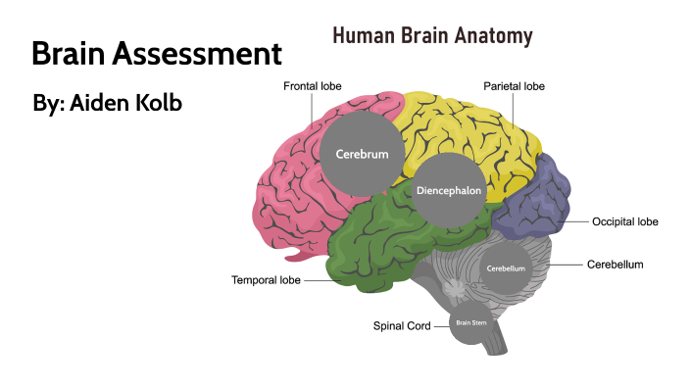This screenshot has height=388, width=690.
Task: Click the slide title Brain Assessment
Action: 156,54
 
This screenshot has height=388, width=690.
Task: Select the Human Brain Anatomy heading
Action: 432,37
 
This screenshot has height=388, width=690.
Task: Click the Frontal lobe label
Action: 314,87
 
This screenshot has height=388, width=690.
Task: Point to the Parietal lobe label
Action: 514,87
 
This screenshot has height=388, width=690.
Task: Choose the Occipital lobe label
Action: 624,222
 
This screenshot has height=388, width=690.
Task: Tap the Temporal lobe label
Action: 266,280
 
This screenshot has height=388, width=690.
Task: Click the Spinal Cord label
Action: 403,325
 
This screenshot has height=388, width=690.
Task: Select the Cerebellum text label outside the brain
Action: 615,265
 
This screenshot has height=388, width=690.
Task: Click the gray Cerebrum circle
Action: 362,154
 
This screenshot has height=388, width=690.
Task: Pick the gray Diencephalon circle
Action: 448,191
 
